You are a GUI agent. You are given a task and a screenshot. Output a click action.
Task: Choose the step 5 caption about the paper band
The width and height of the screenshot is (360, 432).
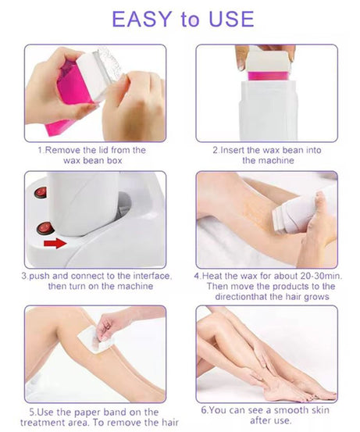click(x=94, y=416)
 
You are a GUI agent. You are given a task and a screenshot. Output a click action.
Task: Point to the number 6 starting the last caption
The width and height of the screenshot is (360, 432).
click(x=204, y=409)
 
